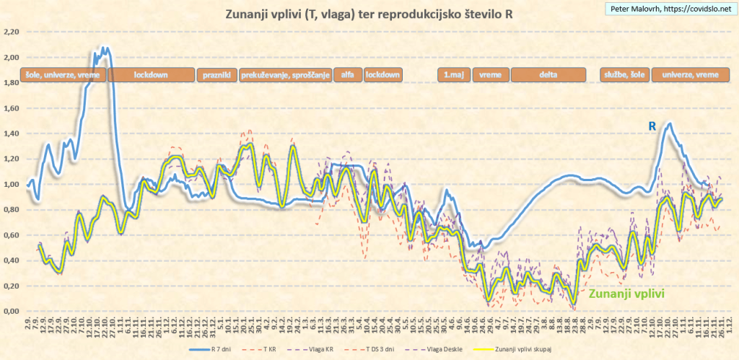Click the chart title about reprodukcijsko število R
point(370,14)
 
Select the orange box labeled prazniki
point(217,75)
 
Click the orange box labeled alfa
point(347,75)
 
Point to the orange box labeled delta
point(548,75)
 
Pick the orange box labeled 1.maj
point(453,75)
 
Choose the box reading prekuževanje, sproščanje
point(285,75)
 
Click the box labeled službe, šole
point(624,75)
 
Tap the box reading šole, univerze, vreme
point(64,75)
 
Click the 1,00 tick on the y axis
point(10,185)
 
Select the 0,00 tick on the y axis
point(10,312)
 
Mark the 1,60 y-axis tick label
point(10,108)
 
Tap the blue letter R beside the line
point(652,126)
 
